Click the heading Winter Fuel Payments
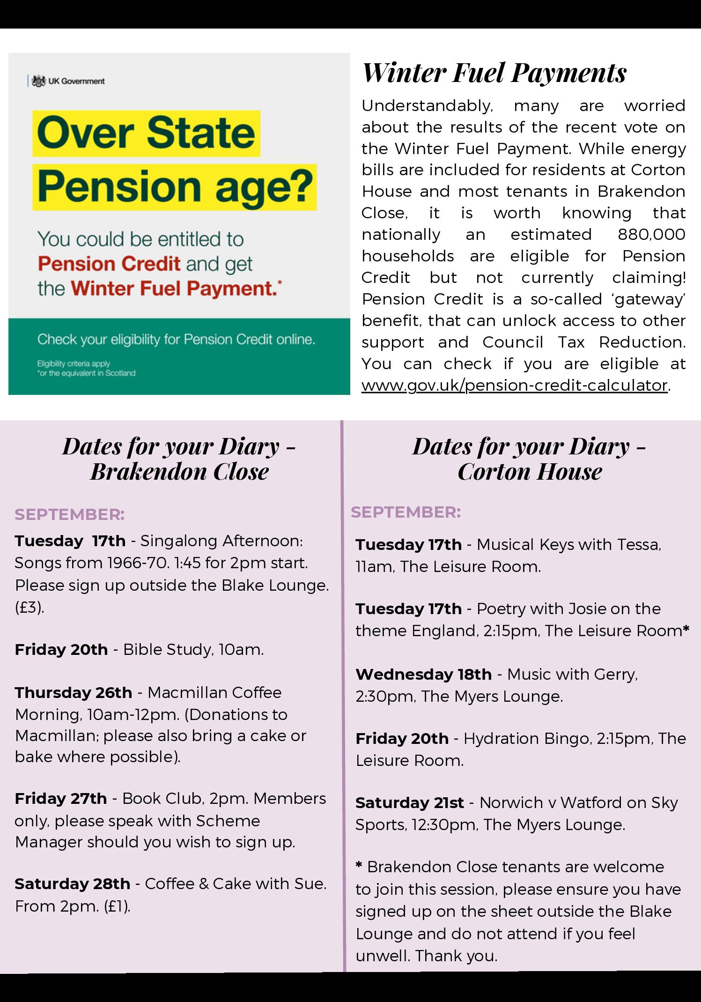(494, 73)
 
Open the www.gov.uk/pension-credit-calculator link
(514, 385)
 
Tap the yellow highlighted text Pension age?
(175, 186)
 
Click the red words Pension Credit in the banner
(109, 264)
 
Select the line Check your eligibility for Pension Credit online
(176, 339)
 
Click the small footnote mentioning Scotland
(87, 373)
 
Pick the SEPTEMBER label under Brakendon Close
(70, 514)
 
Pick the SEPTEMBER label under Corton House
(406, 512)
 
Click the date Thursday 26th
(74, 692)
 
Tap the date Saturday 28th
(72, 883)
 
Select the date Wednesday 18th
(423, 674)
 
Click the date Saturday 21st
(409, 802)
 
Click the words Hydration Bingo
(527, 738)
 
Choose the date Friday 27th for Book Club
(61, 798)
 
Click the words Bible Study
(161, 649)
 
